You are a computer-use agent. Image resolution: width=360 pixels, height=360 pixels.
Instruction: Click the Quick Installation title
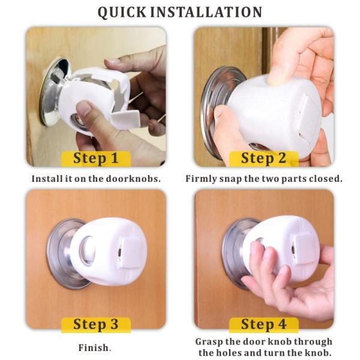point(180,12)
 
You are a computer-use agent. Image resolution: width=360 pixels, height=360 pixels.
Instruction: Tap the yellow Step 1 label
point(95,158)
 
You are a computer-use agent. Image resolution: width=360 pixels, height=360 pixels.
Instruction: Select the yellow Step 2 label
point(263,158)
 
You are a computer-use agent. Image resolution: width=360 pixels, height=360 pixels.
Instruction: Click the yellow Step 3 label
point(95,324)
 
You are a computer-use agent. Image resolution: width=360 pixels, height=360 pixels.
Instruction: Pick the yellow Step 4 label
point(263,324)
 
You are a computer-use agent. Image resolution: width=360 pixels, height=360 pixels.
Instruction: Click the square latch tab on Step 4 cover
point(299,246)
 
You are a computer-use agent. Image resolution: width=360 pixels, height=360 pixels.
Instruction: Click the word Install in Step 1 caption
point(46,178)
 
